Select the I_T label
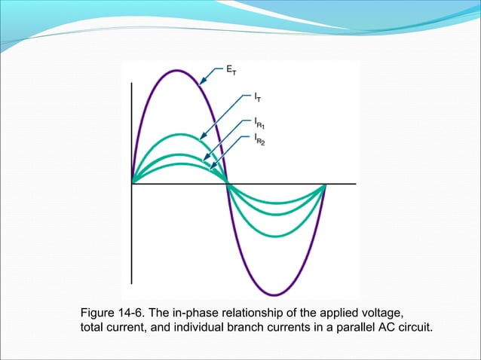[x=258, y=97]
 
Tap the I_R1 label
[x=260, y=122]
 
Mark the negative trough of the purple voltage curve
[x=276, y=294]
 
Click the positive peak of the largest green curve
[x=179, y=136]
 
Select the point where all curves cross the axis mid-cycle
[x=228, y=183]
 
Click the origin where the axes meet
[x=133, y=183]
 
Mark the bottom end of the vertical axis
[x=133, y=281]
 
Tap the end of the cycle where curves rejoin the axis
[x=325, y=183]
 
